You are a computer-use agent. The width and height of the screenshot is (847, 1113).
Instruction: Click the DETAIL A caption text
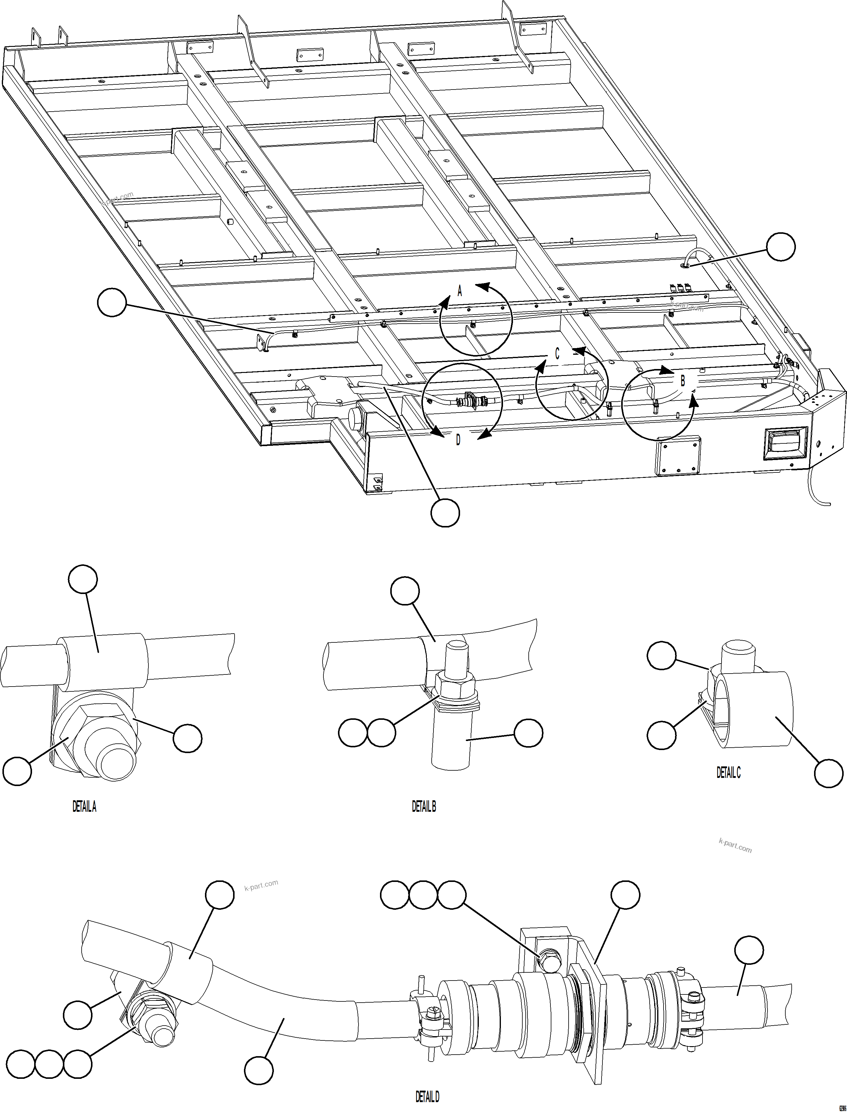click(84, 807)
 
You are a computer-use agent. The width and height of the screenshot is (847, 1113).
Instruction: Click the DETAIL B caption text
click(424, 807)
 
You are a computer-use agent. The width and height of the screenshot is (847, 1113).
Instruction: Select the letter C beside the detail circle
click(557, 354)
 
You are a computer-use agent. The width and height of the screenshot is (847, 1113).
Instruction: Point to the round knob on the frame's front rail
click(356, 419)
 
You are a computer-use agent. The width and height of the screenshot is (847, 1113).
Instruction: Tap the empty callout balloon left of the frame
click(112, 302)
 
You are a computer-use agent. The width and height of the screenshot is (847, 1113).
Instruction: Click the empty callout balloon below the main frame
click(445, 513)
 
